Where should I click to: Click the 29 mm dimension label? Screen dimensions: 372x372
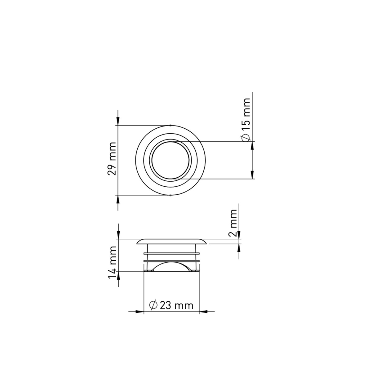point(112,158)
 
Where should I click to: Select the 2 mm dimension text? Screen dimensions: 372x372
point(232,223)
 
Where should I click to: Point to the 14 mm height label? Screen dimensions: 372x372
point(112,262)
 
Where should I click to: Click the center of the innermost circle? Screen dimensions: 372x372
point(170,160)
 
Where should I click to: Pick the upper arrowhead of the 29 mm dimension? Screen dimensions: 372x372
point(118,122)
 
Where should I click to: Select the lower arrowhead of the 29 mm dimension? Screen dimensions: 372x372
point(118,199)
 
